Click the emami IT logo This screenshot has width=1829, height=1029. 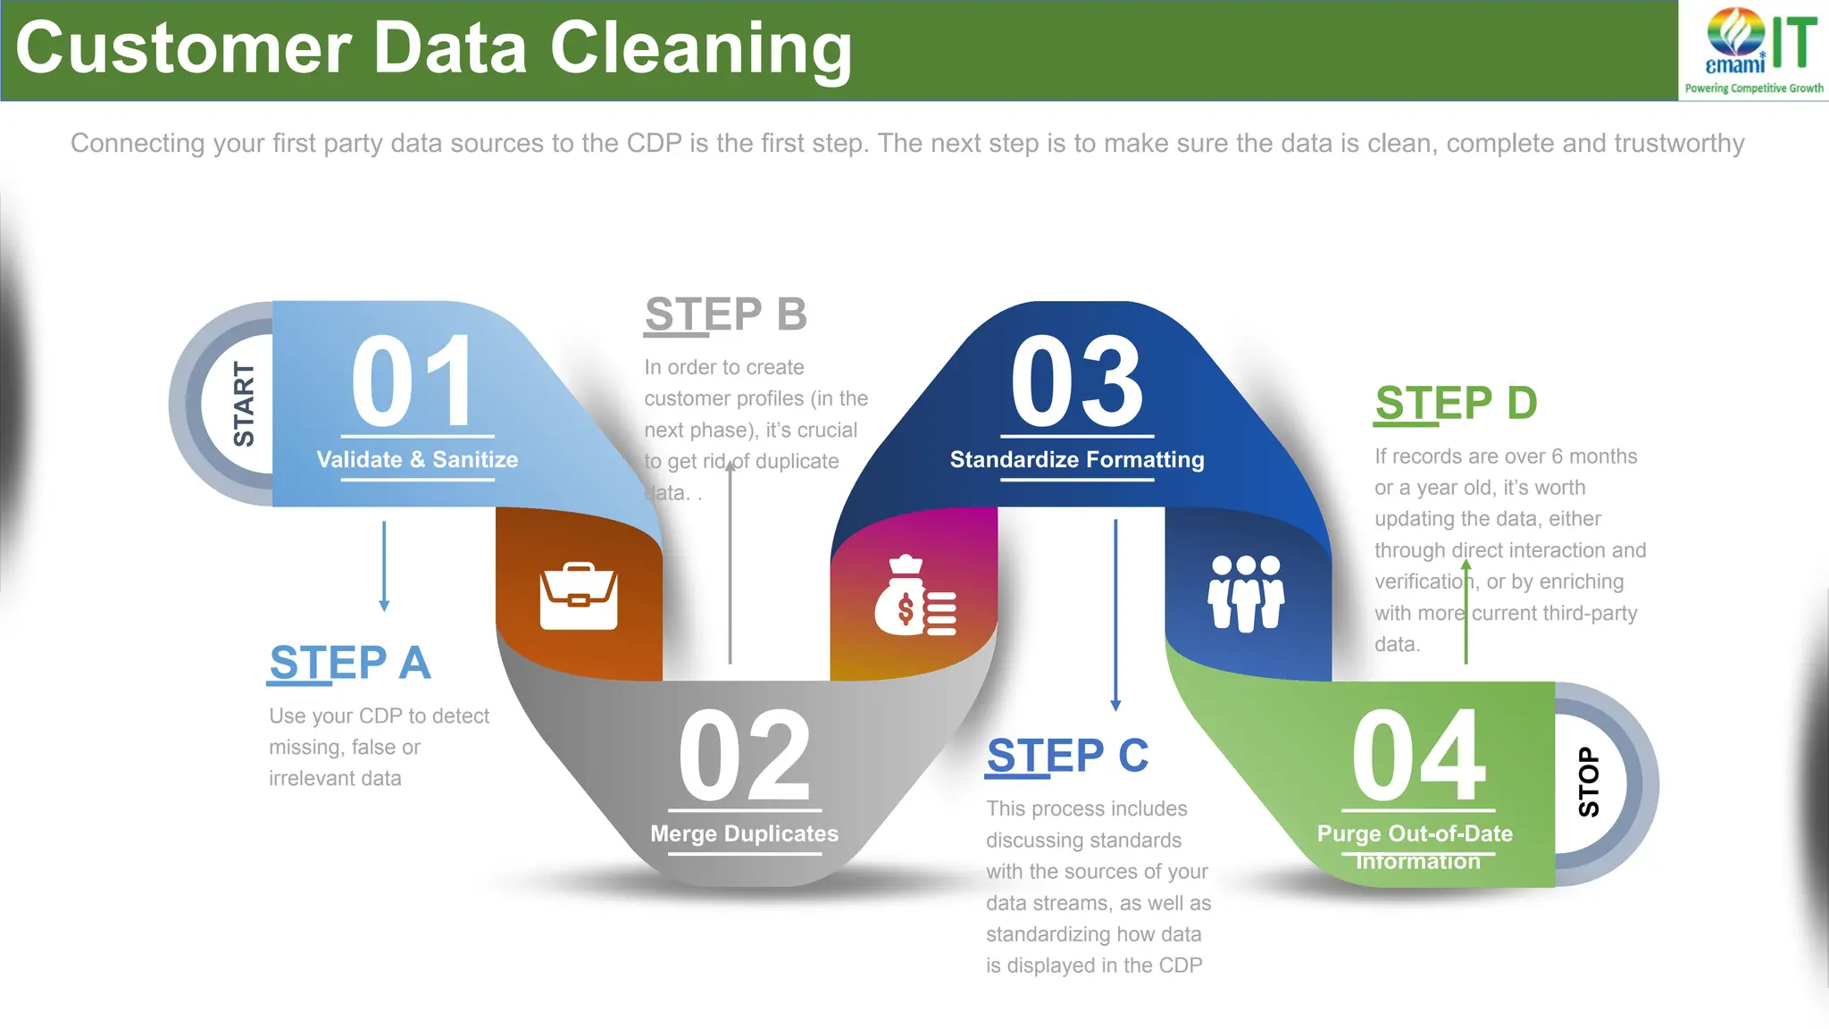pyautogui.click(x=1754, y=50)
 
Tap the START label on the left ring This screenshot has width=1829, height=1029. pyautogui.click(x=243, y=404)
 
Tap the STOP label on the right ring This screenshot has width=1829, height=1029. pyautogui.click(x=1589, y=782)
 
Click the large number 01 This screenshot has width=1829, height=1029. pyautogui.click(x=412, y=382)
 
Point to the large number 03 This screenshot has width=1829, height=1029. pyautogui.click(x=1076, y=382)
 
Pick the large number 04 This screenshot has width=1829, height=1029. pyautogui.click(x=1418, y=756)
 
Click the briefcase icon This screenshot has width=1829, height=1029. pyautogui.click(x=579, y=596)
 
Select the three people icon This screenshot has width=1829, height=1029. pyautogui.click(x=1246, y=593)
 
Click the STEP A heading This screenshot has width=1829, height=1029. pyautogui.click(x=350, y=663)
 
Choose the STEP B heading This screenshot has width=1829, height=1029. pyautogui.click(x=725, y=314)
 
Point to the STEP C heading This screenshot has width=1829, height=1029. pyautogui.click(x=1067, y=756)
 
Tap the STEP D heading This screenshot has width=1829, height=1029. pyautogui.click(x=1456, y=403)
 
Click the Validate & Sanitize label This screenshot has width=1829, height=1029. pyautogui.click(x=417, y=459)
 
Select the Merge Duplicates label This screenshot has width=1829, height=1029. pyautogui.click(x=744, y=833)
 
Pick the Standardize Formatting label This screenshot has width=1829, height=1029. pyautogui.click(x=1076, y=459)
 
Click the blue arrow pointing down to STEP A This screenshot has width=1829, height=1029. pyautogui.click(x=384, y=566)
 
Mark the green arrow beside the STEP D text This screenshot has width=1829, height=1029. pyautogui.click(x=1466, y=612)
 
